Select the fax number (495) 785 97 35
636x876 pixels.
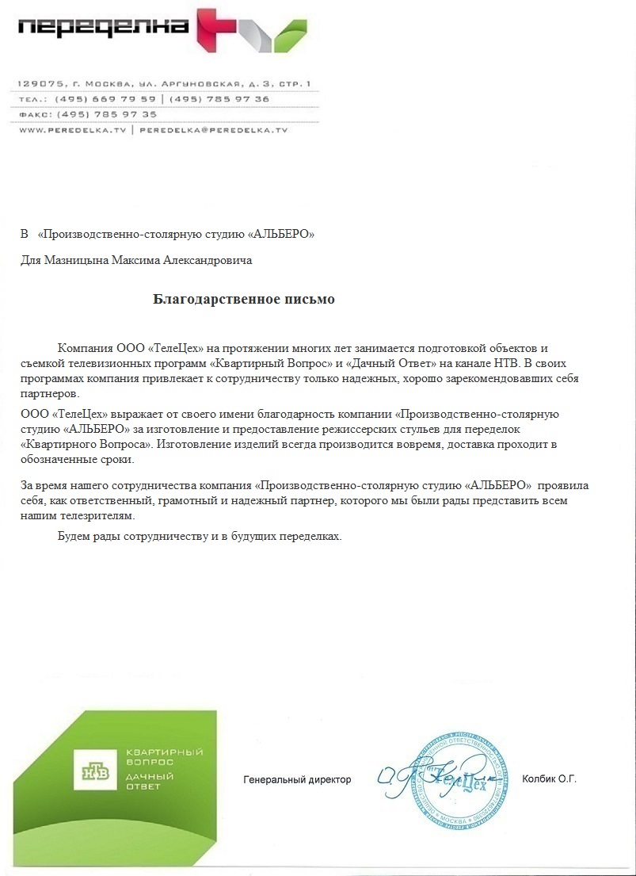coord(106,114)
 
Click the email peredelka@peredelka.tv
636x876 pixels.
coord(213,129)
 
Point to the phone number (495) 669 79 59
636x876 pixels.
coord(106,99)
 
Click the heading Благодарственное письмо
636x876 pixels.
coord(244,300)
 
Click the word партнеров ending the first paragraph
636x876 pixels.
coord(49,393)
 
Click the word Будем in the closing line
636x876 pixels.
coord(74,537)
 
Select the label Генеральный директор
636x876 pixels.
coord(296,779)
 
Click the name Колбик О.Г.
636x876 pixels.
coord(549,779)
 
